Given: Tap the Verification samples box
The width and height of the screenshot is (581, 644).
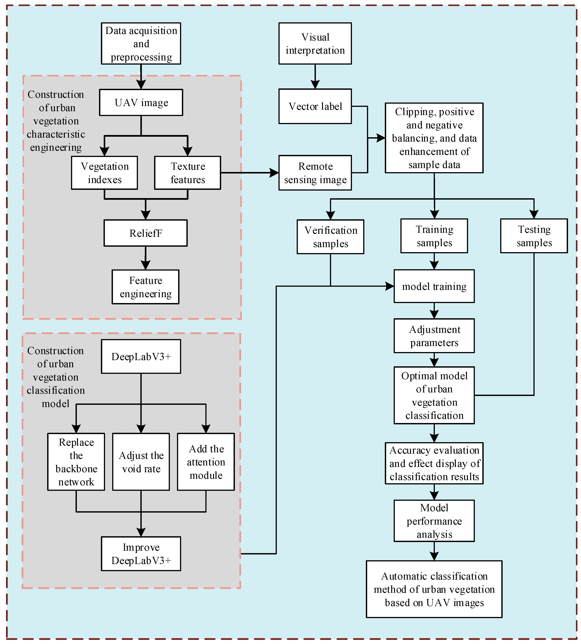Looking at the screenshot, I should (x=330, y=237).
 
